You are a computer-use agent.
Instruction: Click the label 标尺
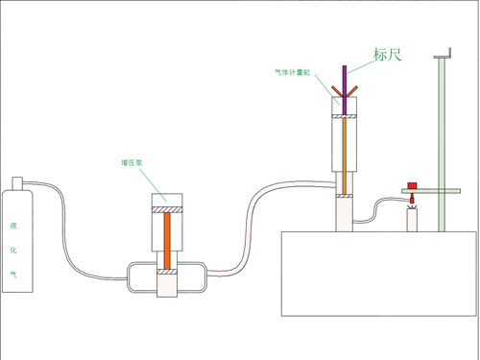(387, 55)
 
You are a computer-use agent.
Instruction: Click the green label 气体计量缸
(292, 71)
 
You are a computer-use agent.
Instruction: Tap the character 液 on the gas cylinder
(13, 228)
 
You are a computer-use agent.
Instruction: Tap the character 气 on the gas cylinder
(13, 273)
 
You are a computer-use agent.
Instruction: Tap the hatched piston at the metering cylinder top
(345, 117)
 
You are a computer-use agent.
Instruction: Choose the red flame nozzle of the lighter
(412, 201)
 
